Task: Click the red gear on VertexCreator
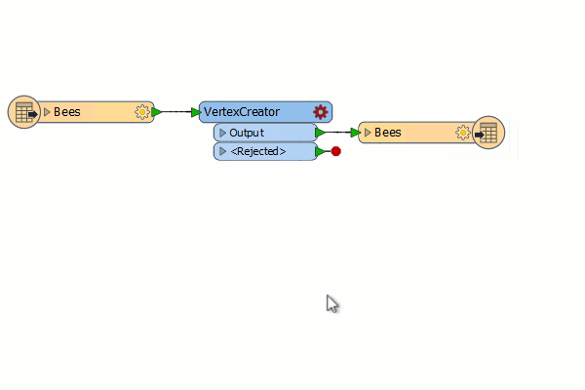(321, 111)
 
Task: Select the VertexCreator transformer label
(242, 111)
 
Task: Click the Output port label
(247, 133)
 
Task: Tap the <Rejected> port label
(258, 151)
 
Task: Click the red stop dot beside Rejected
(335, 151)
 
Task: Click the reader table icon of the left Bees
(24, 112)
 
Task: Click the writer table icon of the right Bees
(488, 133)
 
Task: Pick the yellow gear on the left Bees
(142, 112)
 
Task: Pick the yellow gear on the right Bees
(463, 133)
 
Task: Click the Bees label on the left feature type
(67, 112)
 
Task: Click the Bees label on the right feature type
(388, 133)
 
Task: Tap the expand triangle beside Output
(222, 133)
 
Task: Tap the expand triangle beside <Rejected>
(222, 151)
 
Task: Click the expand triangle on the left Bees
(47, 112)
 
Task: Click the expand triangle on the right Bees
(368, 133)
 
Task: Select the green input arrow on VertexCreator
(196, 112)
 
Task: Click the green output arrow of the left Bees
(156, 112)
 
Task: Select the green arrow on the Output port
(320, 133)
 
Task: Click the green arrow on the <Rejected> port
(320, 151)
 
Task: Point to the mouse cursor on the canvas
(331, 303)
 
